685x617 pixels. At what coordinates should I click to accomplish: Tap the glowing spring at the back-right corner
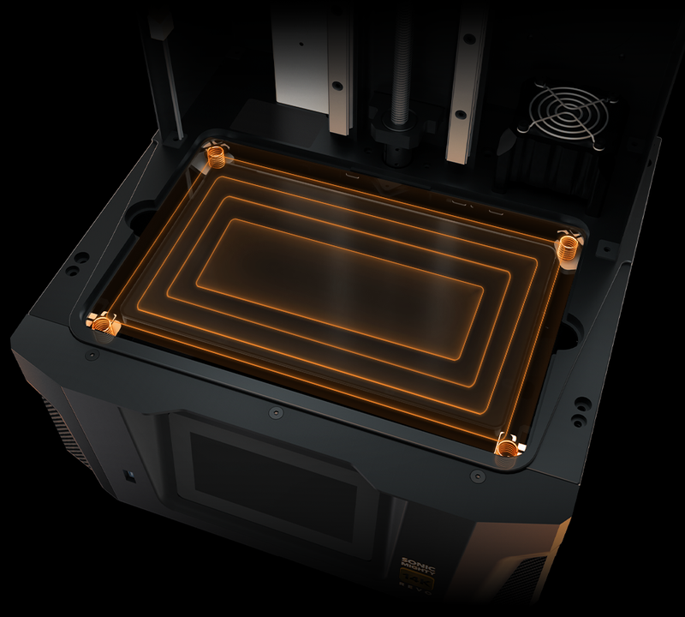[566, 247]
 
